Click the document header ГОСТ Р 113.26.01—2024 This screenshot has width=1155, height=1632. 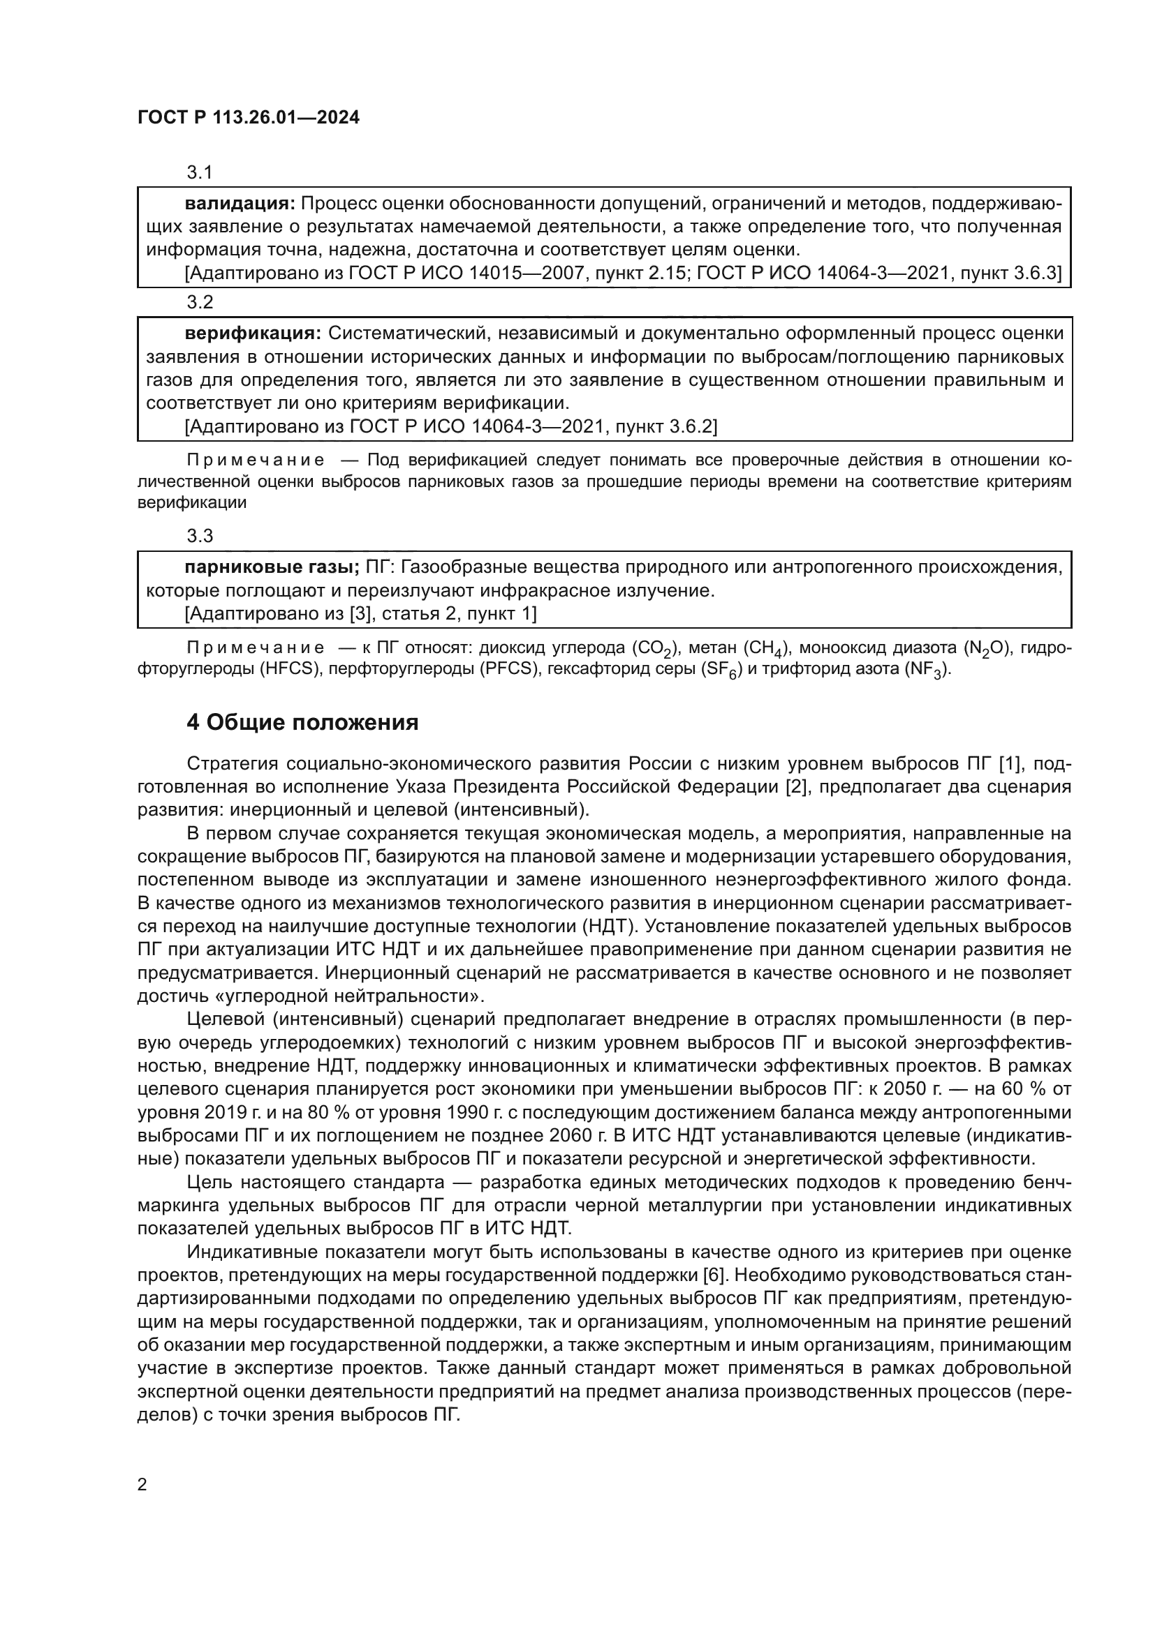[248, 118]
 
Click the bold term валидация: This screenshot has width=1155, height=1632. [240, 204]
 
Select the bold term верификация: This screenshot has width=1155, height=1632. [253, 334]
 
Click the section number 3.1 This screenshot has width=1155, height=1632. [200, 172]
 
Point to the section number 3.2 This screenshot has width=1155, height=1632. [200, 302]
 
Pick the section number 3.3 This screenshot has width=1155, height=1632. [200, 536]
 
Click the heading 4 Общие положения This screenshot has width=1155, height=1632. [302, 723]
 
